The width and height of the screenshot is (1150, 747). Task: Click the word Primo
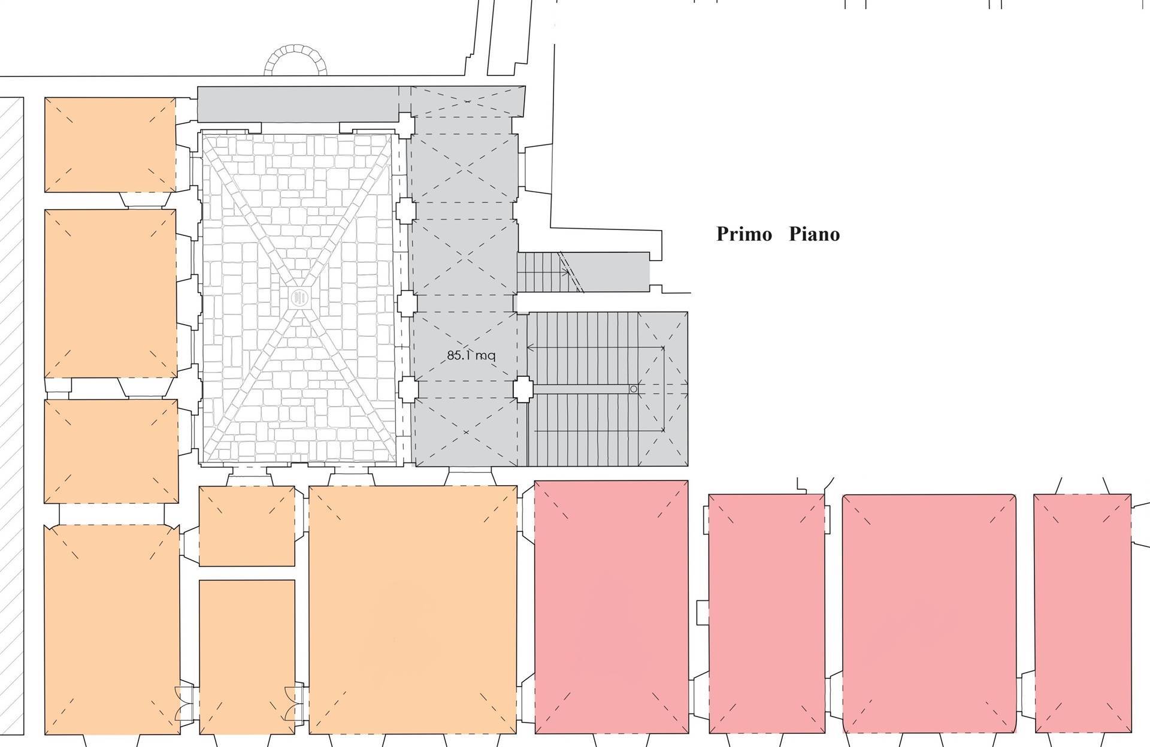click(744, 234)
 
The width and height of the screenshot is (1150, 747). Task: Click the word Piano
click(814, 234)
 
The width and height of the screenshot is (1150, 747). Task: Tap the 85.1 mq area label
click(471, 355)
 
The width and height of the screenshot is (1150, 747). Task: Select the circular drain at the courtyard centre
click(299, 297)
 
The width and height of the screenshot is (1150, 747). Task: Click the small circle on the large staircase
click(634, 389)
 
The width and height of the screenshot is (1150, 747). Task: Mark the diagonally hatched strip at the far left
click(11, 416)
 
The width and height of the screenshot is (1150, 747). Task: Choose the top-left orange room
click(110, 145)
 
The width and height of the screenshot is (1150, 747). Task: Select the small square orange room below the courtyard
click(247, 526)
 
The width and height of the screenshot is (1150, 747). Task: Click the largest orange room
click(413, 610)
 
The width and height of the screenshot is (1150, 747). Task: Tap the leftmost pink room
click(611, 607)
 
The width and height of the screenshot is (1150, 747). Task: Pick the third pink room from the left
click(929, 613)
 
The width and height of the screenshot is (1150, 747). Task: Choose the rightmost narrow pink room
click(1083, 613)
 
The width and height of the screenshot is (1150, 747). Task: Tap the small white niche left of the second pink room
click(703, 613)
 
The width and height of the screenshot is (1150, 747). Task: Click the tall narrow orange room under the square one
click(247, 657)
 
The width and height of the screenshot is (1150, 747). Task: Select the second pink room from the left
click(767, 613)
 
